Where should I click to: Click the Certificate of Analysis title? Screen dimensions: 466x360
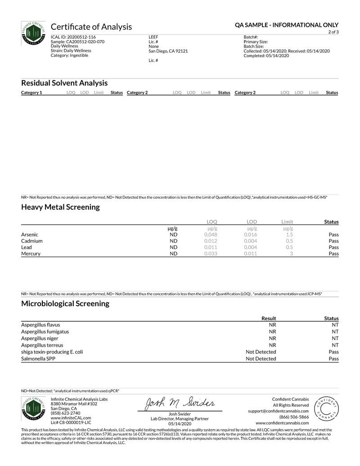click(x=91, y=27)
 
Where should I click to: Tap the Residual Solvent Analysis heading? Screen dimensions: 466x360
click(x=64, y=83)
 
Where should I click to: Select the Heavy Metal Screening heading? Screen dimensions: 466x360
click(x=60, y=207)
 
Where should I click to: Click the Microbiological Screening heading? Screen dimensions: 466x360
click(x=65, y=303)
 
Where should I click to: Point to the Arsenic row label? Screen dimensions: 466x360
click(x=30, y=235)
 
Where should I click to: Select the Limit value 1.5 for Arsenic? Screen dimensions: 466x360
click(x=290, y=235)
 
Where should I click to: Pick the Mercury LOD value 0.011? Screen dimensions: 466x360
click(x=251, y=253)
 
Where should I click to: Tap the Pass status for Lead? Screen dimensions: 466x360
click(x=333, y=247)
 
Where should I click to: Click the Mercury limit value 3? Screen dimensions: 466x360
click(x=292, y=253)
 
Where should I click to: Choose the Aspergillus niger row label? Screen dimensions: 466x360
click(x=40, y=338)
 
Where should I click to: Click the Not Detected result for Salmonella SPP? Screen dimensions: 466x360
click(x=261, y=359)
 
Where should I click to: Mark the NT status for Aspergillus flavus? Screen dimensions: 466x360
click(x=335, y=325)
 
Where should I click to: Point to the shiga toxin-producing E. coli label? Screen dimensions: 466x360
click(x=52, y=352)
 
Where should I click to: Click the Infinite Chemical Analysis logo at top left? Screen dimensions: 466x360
click(x=33, y=33)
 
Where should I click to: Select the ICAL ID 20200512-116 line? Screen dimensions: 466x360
click(x=73, y=37)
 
